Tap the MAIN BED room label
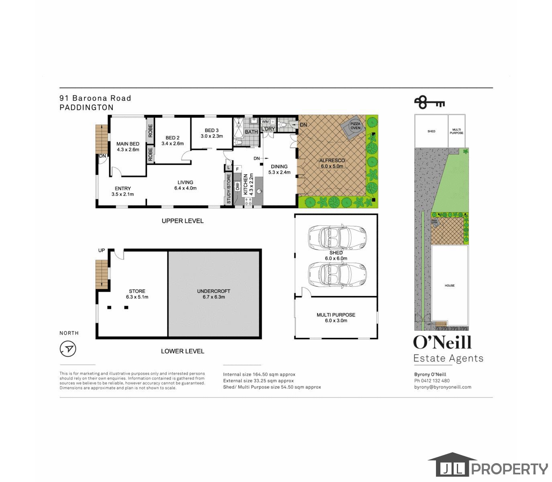tap(128, 144)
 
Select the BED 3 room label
tap(212, 130)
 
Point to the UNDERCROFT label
tap(214, 291)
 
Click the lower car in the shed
tap(337, 274)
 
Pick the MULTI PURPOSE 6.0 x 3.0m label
tap(336, 318)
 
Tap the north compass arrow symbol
tap(68, 349)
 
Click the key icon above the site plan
tap(429, 102)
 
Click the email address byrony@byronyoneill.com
tap(442, 387)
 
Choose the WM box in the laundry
tap(265, 121)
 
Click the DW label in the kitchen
tap(237, 186)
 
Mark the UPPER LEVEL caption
tap(182, 221)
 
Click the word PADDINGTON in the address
tap(86, 108)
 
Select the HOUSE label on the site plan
tap(449, 286)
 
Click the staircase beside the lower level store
tap(102, 274)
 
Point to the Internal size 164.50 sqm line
tap(259, 374)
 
